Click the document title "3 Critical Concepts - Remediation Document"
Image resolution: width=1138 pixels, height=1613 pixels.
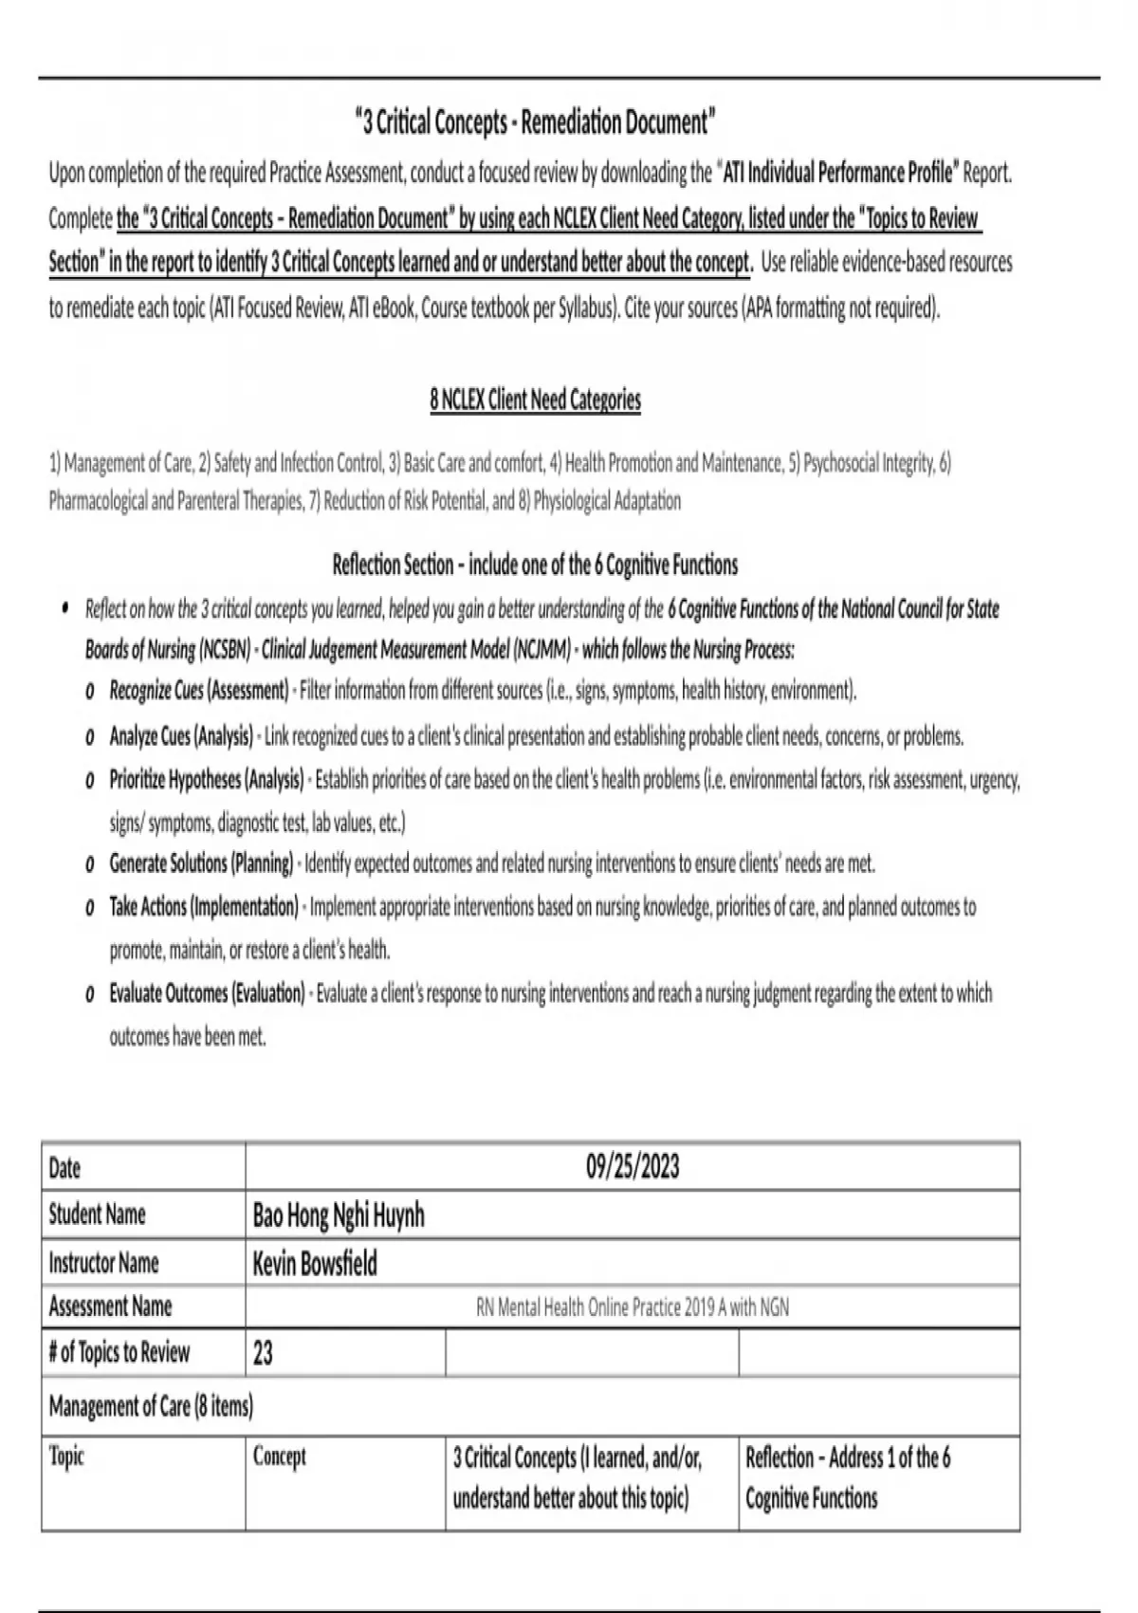(x=535, y=122)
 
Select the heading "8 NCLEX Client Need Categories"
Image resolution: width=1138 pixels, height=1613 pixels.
(x=535, y=399)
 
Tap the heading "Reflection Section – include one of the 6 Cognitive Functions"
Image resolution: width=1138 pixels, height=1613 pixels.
(x=535, y=565)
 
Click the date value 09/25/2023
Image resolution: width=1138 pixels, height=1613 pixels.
(x=633, y=1166)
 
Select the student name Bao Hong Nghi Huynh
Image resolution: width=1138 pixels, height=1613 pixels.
(x=339, y=1214)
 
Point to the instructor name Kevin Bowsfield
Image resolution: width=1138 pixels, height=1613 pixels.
(x=315, y=1263)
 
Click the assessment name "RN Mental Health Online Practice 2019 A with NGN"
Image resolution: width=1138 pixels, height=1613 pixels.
(x=633, y=1307)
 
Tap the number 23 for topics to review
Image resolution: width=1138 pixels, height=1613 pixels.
(x=264, y=1352)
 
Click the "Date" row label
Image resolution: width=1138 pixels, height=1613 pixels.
(x=64, y=1167)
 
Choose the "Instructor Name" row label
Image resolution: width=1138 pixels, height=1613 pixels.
(x=104, y=1263)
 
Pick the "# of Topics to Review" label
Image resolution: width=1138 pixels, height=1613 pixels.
(x=119, y=1352)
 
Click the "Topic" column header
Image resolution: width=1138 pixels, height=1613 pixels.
(x=66, y=1456)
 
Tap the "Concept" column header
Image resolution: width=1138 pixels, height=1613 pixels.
(x=280, y=1456)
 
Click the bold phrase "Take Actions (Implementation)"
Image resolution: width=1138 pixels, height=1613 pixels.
(x=204, y=907)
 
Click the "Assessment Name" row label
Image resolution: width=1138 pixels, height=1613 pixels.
(x=111, y=1307)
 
